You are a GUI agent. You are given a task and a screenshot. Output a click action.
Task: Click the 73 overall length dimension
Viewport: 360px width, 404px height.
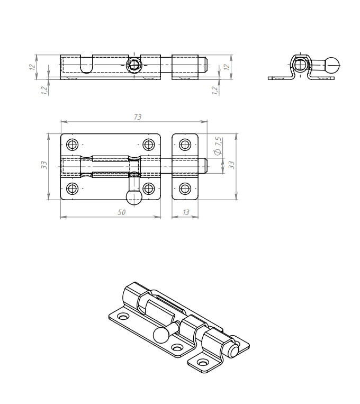pyautogui.click(x=138, y=117)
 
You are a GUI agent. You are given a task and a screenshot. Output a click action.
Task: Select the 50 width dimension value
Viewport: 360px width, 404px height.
pyautogui.click(x=121, y=212)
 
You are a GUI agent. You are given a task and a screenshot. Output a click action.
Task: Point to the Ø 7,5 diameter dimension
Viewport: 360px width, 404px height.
pyautogui.click(x=217, y=146)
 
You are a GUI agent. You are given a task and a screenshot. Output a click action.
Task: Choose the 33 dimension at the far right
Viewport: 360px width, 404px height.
pyautogui.click(x=231, y=165)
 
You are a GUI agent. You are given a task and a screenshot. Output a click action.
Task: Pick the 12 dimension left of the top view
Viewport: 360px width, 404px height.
pyautogui.click(x=32, y=67)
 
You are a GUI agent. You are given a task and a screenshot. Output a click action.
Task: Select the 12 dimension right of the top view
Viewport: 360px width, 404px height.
pyautogui.click(x=227, y=67)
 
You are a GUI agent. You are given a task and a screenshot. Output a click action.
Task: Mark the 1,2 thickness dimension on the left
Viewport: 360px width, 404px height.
pyautogui.click(x=44, y=90)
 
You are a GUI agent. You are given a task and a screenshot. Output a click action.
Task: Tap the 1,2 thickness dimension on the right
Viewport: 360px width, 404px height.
pyautogui.click(x=214, y=90)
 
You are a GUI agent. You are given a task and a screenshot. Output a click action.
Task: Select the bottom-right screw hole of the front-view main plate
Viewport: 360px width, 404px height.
pyautogui.click(x=148, y=188)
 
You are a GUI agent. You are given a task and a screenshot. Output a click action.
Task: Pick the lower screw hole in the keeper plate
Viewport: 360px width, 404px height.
pyautogui.click(x=185, y=188)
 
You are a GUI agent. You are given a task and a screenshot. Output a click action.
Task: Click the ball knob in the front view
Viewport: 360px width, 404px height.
pyautogui.click(x=134, y=197)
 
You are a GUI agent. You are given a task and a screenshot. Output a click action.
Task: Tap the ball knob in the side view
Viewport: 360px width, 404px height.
pyautogui.click(x=332, y=66)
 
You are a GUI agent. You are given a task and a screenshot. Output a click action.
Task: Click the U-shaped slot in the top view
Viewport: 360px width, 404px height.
pyautogui.click(x=87, y=64)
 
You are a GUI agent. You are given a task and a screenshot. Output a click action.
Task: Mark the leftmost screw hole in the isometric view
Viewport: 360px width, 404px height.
pyautogui.click(x=123, y=316)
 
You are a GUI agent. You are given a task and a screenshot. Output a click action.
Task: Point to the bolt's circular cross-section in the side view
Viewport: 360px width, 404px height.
pyautogui.click(x=300, y=65)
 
